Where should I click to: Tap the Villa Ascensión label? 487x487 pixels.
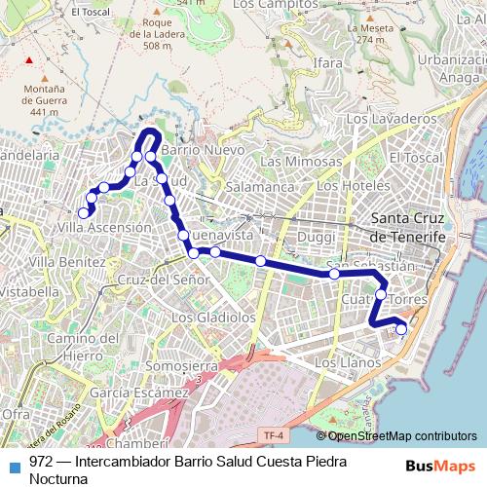(x=104, y=227)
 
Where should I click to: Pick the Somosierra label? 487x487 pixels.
(x=178, y=365)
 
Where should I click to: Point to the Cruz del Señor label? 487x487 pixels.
(x=163, y=280)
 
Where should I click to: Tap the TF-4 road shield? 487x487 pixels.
(x=274, y=434)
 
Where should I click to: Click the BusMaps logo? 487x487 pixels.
(x=440, y=466)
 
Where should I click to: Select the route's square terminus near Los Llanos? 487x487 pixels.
(x=400, y=329)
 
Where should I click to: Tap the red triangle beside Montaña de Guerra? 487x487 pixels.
(x=29, y=61)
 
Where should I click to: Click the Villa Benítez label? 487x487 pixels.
(x=66, y=262)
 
